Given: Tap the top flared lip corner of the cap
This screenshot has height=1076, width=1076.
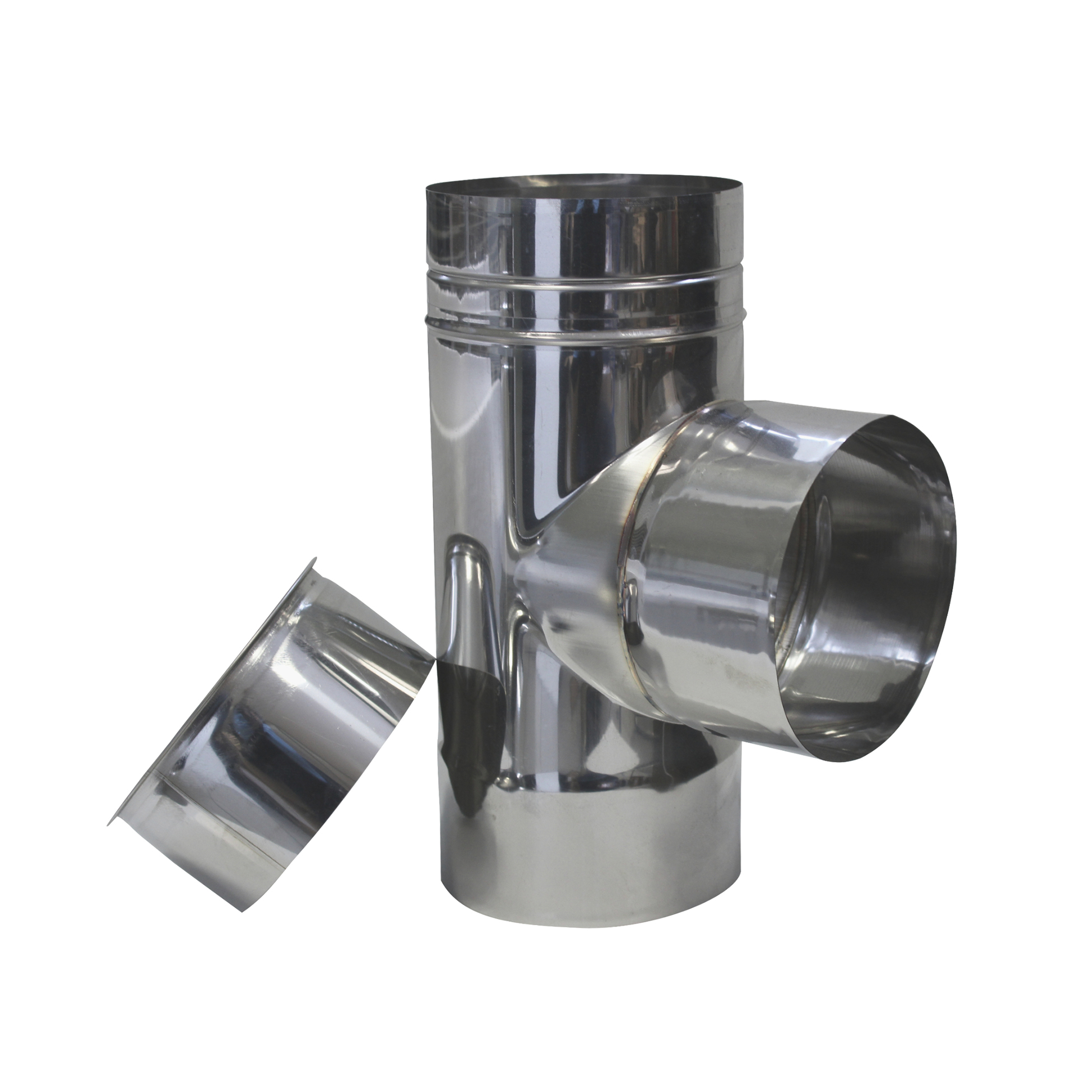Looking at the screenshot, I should pyautogui.click(x=316, y=559).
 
